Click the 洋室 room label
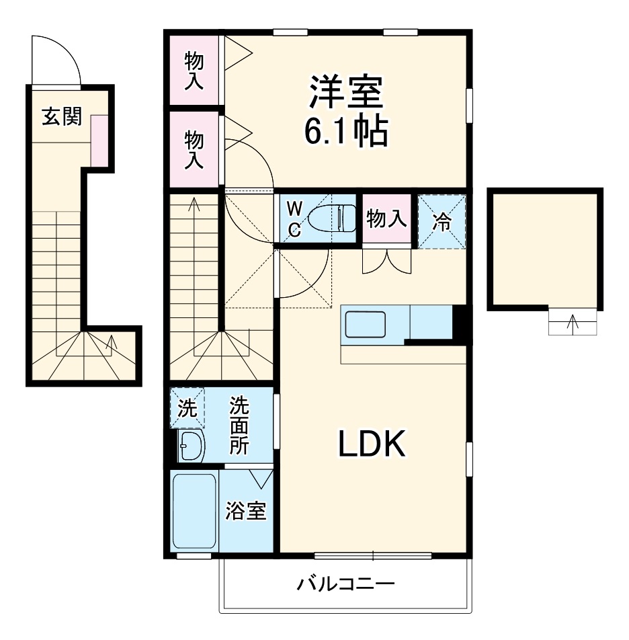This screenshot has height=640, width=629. (346, 93)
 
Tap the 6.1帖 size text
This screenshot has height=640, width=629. (346, 132)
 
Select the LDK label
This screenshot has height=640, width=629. (371, 444)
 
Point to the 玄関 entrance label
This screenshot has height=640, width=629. (62, 116)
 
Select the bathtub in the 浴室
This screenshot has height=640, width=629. (194, 511)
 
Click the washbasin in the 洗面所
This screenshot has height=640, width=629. (192, 446)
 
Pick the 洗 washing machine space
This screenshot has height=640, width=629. (187, 408)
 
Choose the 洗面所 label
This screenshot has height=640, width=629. (239, 426)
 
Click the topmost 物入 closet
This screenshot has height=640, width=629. (194, 70)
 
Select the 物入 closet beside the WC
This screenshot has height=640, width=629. (386, 218)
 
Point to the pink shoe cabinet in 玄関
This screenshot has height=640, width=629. (99, 141)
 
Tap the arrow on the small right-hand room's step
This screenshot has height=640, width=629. (573, 323)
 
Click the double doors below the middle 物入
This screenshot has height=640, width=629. (386, 262)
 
